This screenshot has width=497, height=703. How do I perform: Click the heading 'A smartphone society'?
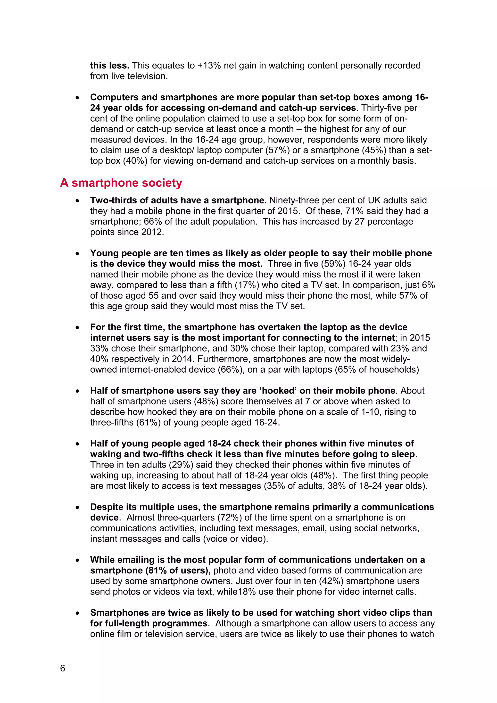(x=121, y=183)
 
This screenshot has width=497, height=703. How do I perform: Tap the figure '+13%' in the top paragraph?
(x=209, y=66)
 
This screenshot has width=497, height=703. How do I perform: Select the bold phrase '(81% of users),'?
(x=178, y=571)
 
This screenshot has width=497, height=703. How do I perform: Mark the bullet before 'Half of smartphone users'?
(x=78, y=391)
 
